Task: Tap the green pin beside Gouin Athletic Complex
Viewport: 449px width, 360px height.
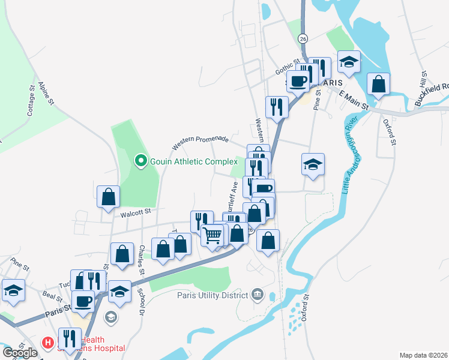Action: point(140,161)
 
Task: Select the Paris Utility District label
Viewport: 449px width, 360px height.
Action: point(212,295)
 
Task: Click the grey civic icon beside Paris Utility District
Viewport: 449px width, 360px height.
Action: point(258,294)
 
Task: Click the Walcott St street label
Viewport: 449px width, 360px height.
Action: point(134,211)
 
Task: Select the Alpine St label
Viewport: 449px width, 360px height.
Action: point(46,94)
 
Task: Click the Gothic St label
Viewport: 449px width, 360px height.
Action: point(287,67)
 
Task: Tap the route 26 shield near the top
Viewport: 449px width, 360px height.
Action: point(303,37)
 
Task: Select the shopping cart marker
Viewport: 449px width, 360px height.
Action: point(212,235)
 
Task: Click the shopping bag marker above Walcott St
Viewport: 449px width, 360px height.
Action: point(108,196)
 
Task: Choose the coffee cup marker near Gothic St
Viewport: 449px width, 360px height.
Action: point(298,80)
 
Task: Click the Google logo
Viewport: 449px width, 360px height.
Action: point(20,352)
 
